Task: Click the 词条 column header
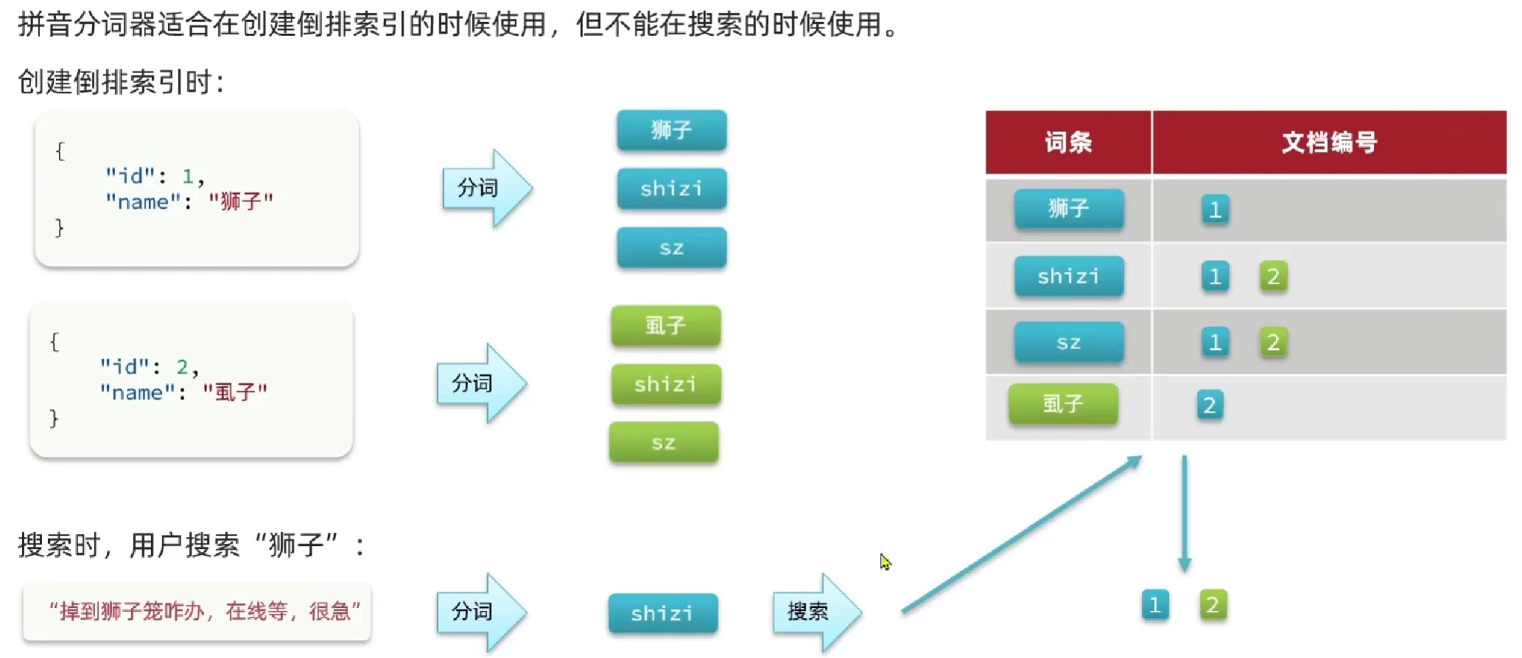[1068, 142]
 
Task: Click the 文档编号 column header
[1329, 142]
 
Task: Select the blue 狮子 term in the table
[1069, 209]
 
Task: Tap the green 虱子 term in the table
[1063, 404]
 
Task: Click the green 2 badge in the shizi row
[1273, 276]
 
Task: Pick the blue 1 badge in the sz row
[1215, 343]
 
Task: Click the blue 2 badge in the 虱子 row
[1209, 405]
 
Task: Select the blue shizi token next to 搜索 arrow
[663, 613]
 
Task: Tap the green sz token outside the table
[663, 443]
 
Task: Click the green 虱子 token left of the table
[666, 326]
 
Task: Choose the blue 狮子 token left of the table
[671, 130]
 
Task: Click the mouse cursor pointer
[884, 561]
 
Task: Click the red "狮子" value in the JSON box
[241, 201]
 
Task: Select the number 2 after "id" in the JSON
[182, 367]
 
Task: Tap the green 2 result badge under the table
[1212, 605]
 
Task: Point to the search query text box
[197, 612]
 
